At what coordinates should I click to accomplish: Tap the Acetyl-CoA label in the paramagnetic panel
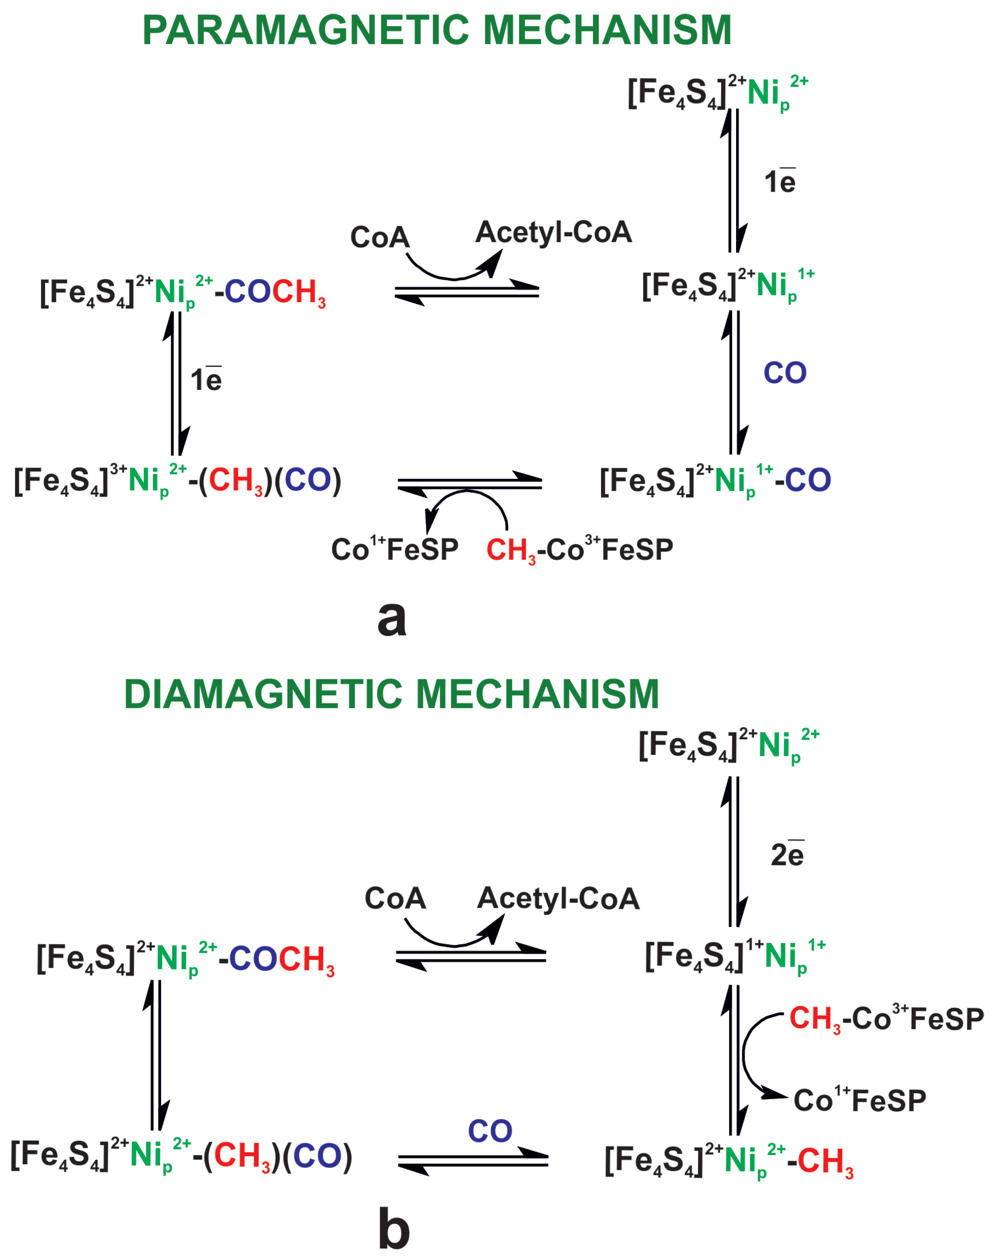pos(553,232)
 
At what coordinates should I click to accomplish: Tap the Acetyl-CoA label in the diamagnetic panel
pos(558,898)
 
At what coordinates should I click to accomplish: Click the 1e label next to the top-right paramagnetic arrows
pos(780,182)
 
